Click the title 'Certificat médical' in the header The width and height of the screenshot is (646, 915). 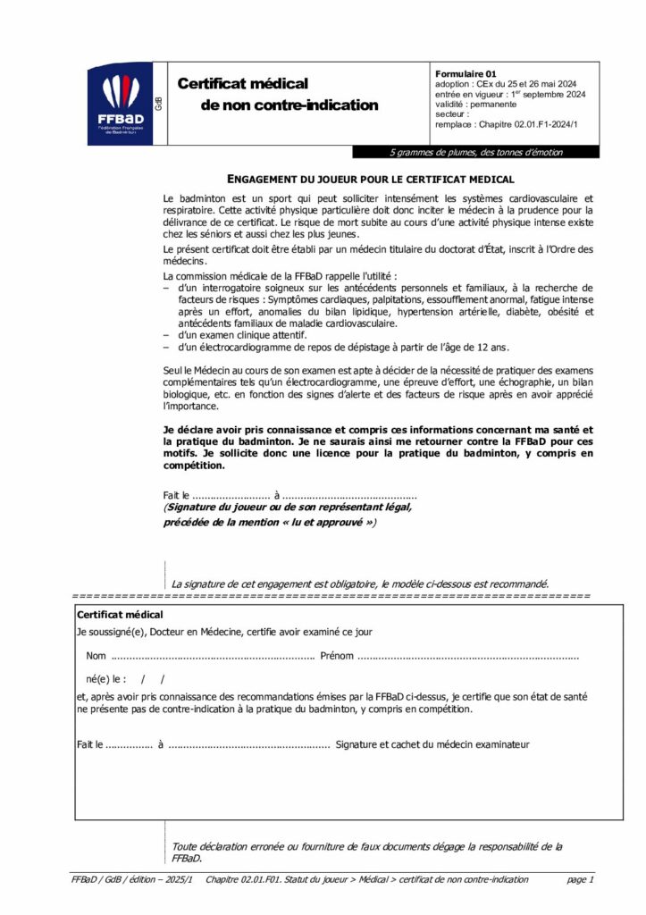[x=242, y=83]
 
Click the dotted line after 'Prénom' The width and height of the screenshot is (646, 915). [x=467, y=656]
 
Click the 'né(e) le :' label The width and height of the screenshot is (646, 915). [x=106, y=678]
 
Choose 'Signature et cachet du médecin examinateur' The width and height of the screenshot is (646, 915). [x=432, y=743]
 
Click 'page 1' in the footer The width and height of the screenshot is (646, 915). [x=580, y=880]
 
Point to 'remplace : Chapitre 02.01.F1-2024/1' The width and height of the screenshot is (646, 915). [x=506, y=125]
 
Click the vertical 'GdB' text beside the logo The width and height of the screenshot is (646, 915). [x=159, y=104]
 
